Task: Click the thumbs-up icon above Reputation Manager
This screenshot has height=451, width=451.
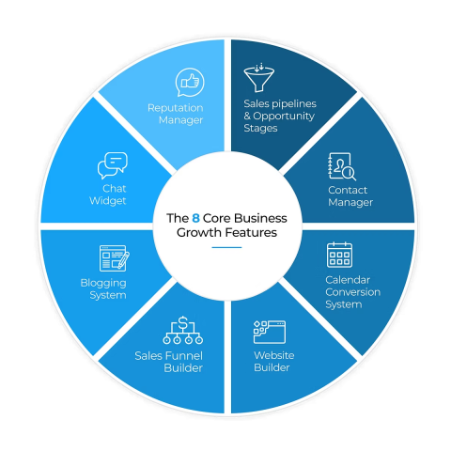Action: point(190,82)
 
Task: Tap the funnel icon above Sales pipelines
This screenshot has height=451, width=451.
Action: point(259,77)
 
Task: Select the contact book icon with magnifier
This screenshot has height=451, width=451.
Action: point(342,166)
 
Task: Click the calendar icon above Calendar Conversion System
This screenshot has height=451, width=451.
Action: point(339,255)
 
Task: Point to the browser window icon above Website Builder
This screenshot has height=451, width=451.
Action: point(270,332)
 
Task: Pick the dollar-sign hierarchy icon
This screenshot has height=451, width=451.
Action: point(183,331)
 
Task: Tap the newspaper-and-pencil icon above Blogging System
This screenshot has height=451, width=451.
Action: point(115,258)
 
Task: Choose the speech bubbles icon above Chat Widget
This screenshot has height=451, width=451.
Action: point(113,165)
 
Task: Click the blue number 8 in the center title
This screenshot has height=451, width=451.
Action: point(195,218)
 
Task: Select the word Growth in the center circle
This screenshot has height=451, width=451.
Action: point(199,232)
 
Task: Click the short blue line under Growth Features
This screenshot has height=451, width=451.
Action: point(226,247)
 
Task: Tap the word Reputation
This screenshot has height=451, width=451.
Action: point(176,108)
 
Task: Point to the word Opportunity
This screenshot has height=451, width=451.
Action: point(284,117)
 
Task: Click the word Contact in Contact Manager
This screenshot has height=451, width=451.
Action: point(348,190)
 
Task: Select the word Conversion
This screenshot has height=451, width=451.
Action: point(353,292)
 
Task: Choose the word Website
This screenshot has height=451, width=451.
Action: point(274,355)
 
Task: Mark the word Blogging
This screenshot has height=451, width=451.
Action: point(103,283)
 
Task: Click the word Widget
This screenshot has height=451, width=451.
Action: point(108,201)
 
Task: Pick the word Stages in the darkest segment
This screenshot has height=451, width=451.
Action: point(260,129)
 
